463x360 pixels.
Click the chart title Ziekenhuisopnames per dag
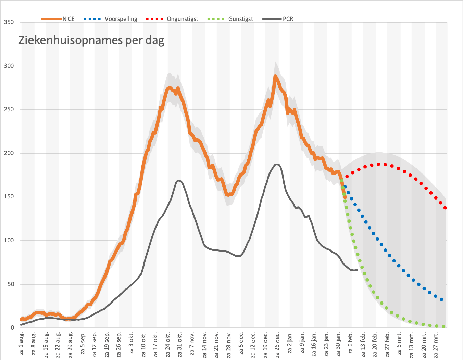pyautogui.click(x=91, y=40)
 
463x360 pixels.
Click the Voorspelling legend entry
pyautogui.click(x=110, y=19)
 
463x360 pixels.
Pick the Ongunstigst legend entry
pyautogui.click(x=172, y=19)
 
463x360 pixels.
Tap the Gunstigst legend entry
pyautogui.click(x=230, y=19)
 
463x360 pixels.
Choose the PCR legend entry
pyautogui.click(x=278, y=19)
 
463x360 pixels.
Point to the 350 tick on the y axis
pyautogui.click(x=9, y=22)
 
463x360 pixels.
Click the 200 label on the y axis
pyautogui.click(x=9, y=153)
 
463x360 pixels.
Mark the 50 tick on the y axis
pyautogui.click(x=11, y=284)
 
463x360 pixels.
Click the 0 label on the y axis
pyautogui.click(x=12, y=328)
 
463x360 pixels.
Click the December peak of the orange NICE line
pyautogui.click(x=275, y=76)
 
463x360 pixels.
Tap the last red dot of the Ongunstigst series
pyautogui.click(x=445, y=208)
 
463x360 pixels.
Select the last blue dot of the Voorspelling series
pyautogui.click(x=441, y=299)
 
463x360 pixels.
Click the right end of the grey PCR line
pyautogui.click(x=357, y=270)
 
